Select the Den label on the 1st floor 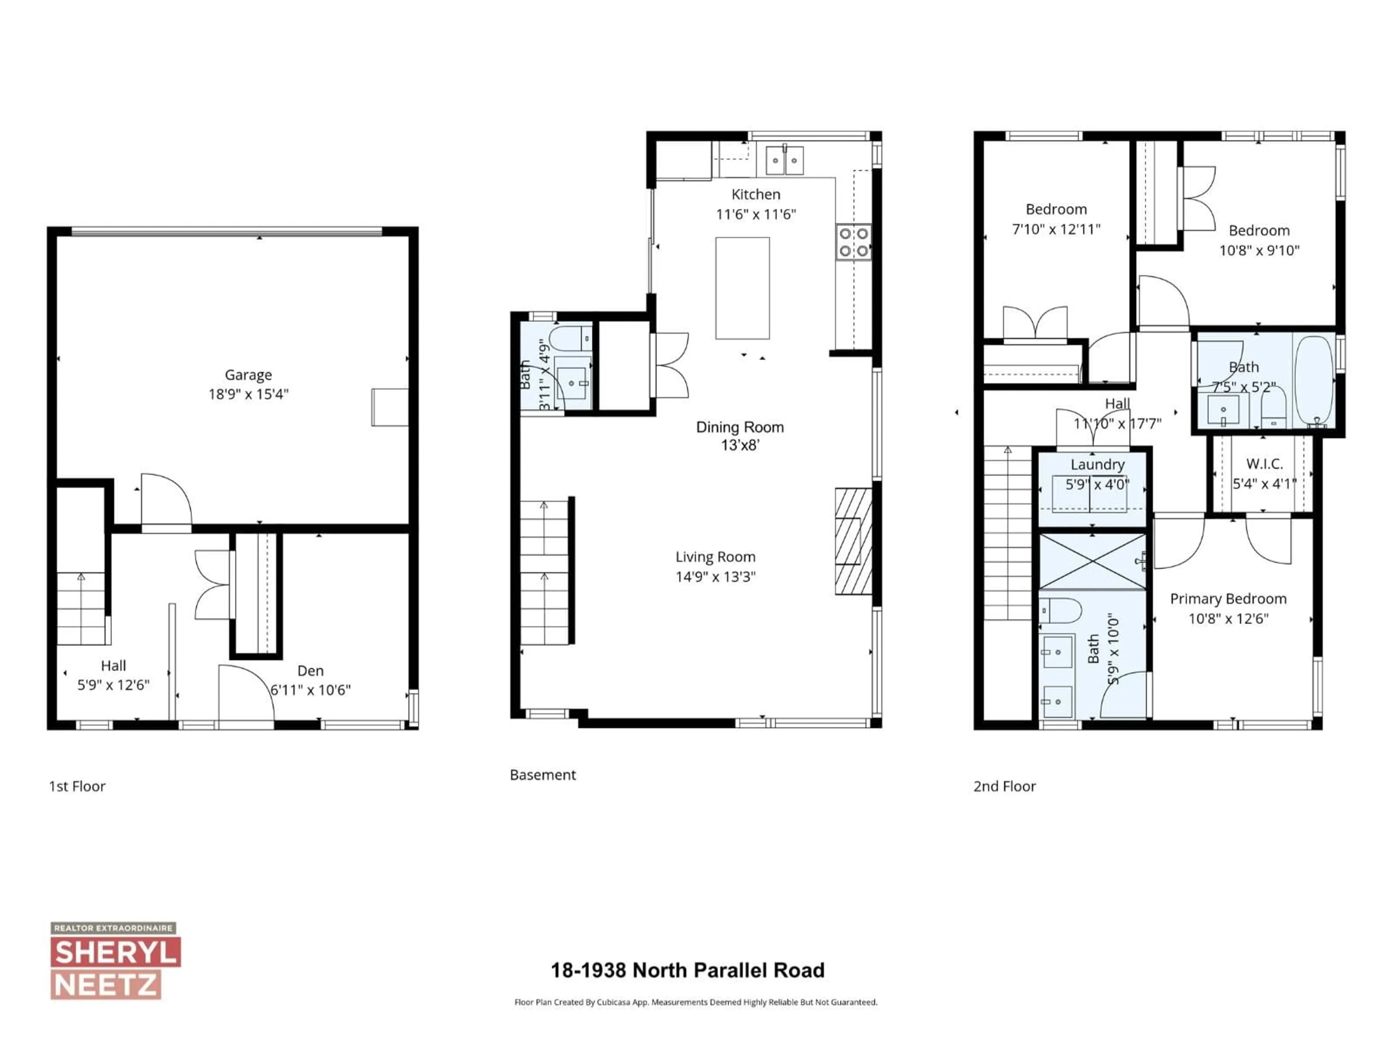(311, 671)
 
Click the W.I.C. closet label (1264, 464)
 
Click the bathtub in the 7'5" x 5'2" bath (1314, 381)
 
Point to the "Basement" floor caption (542, 775)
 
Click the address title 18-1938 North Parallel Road (687, 970)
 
